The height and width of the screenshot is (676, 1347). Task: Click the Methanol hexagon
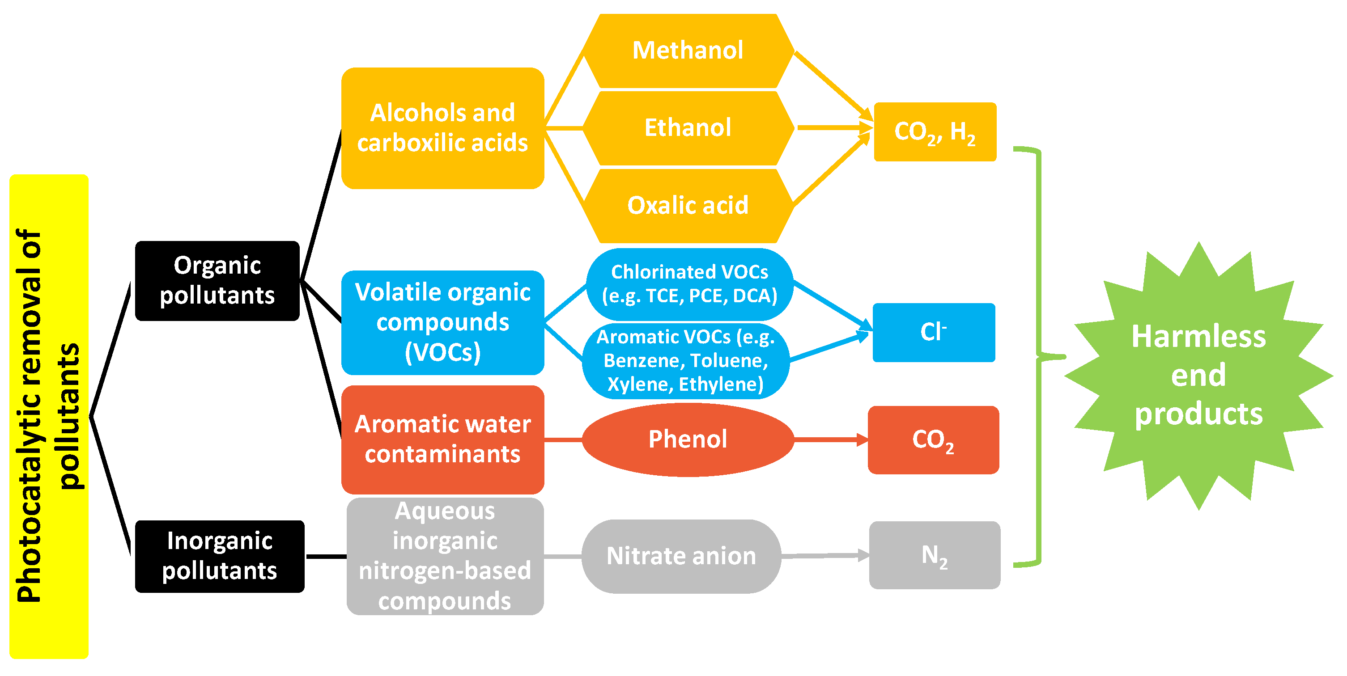688,51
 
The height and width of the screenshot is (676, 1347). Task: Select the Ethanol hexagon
688,128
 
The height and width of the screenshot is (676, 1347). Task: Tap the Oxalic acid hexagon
688,205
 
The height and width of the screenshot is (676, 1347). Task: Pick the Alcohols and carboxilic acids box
442,128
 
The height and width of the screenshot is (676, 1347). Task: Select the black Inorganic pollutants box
220,556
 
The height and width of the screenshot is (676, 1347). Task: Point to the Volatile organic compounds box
442,322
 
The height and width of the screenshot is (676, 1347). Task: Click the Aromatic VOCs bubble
685,360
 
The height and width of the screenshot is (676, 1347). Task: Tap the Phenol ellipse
688,439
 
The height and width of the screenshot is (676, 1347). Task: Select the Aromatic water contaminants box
442,439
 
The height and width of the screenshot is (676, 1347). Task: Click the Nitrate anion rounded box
681,556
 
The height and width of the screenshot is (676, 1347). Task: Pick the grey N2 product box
935,555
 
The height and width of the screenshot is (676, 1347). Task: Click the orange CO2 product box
933,440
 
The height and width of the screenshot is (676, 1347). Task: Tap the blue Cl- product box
933,332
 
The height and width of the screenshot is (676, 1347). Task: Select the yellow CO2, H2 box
935,131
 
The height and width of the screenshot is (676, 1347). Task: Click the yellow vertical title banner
49,416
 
